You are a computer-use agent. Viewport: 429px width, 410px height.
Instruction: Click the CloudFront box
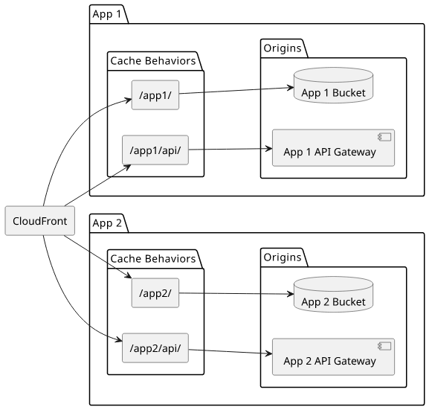pyautogui.click(x=39, y=221)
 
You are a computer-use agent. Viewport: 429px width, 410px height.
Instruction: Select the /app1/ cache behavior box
pyautogui.click(x=155, y=95)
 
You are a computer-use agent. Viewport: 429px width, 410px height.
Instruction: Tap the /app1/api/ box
pyautogui.click(x=155, y=150)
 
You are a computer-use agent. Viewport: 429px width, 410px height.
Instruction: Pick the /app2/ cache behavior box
pyautogui.click(x=155, y=293)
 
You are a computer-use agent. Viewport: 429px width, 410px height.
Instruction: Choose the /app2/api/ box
pyautogui.click(x=155, y=348)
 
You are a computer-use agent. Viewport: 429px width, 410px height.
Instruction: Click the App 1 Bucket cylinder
pyautogui.click(x=333, y=86)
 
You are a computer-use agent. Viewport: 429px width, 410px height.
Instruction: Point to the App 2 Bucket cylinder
pyautogui.click(x=333, y=295)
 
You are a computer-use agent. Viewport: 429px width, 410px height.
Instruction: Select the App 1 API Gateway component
pyautogui.click(x=333, y=148)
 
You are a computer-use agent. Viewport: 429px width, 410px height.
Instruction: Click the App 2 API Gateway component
pyautogui.click(x=333, y=357)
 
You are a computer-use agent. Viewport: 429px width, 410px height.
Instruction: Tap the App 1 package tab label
pyautogui.click(x=107, y=14)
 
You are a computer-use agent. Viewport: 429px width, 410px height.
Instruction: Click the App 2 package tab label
pyautogui.click(x=107, y=223)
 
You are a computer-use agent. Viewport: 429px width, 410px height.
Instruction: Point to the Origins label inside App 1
pyautogui.click(x=283, y=48)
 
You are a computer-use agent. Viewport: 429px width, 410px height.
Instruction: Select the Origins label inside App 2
pyautogui.click(x=283, y=257)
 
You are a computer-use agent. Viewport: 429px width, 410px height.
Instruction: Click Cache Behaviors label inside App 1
pyautogui.click(x=153, y=61)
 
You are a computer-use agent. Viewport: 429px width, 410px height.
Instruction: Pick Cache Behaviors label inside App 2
pyautogui.click(x=153, y=258)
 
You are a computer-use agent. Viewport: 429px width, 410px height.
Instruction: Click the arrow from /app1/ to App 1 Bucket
pyautogui.click(x=236, y=91)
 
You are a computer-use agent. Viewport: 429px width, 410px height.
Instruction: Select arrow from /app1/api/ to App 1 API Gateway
pyautogui.click(x=230, y=150)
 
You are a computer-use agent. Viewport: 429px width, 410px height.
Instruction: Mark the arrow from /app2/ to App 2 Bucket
pyautogui.click(x=236, y=294)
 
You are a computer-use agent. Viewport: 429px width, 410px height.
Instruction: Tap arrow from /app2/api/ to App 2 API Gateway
pyautogui.click(x=230, y=352)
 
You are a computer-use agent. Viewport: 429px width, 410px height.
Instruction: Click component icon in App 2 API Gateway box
pyautogui.click(x=384, y=346)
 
